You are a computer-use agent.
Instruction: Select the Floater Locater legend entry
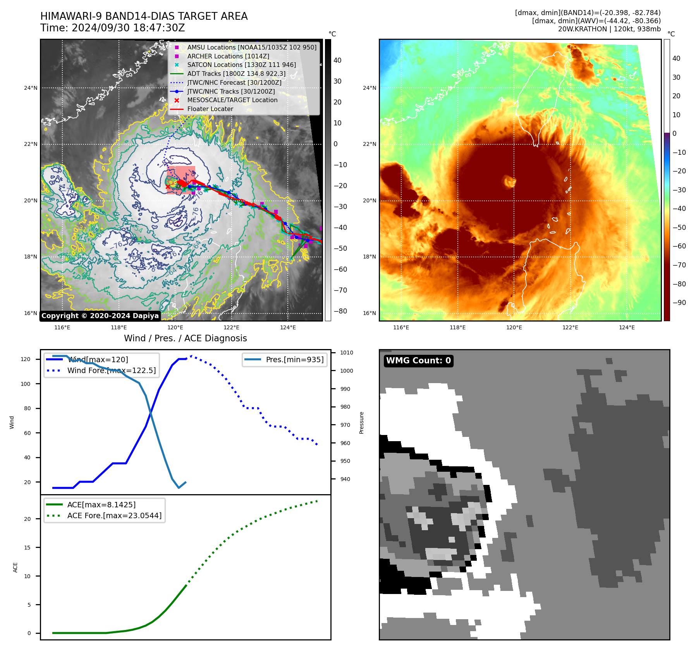pos(210,109)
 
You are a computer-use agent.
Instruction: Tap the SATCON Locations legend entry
pos(241,65)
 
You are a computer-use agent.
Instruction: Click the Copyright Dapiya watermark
pos(100,316)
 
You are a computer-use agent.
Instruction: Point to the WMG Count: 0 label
pos(418,361)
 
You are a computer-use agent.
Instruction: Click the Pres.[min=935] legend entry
pos(294,360)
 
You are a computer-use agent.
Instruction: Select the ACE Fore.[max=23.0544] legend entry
pos(114,515)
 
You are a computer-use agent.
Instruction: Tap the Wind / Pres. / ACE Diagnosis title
pos(185,338)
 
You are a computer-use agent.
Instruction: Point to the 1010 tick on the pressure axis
pos(347,353)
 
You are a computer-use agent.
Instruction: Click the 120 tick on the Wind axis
pos(26,359)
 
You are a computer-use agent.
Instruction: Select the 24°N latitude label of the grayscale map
pos(31,88)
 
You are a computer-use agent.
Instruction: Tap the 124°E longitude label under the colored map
pos(627,327)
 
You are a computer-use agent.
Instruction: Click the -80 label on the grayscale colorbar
pos(340,311)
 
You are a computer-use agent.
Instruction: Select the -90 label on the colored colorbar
pos(679,303)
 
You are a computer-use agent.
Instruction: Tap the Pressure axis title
pos(361,423)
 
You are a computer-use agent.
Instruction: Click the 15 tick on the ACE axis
pos(27,548)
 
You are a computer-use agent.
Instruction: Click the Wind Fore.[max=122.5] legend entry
pos(112,370)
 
